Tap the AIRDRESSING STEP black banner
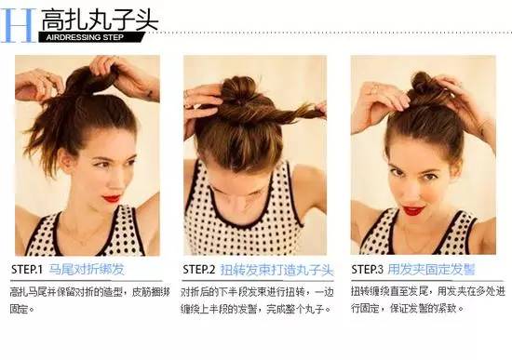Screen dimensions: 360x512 click(90, 38)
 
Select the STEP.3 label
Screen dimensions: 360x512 click(367, 270)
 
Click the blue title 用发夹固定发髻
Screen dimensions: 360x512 click(432, 270)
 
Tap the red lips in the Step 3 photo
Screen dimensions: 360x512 click(411, 211)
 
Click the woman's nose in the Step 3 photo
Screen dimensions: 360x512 click(412, 191)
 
